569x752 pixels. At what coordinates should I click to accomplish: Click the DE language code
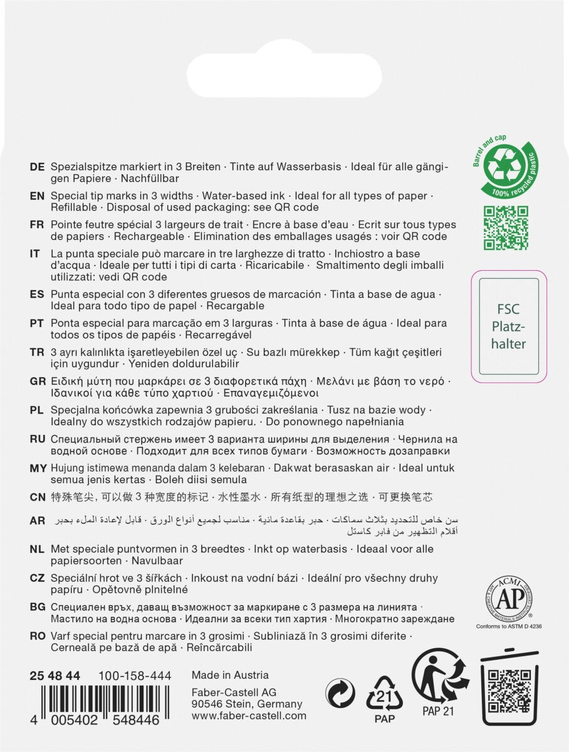tap(37, 167)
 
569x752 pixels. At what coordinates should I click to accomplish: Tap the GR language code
tap(38, 382)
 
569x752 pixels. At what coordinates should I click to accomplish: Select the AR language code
tap(38, 521)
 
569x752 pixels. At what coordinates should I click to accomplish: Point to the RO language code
tap(38, 636)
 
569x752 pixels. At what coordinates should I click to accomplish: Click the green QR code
tap(506, 227)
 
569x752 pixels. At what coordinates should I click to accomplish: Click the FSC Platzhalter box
tap(509, 326)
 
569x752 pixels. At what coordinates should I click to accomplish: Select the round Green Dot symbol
tap(341, 694)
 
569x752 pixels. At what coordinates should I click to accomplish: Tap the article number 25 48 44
tap(55, 676)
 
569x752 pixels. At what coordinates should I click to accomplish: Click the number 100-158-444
tap(135, 676)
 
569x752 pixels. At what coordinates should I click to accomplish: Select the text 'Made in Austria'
tap(230, 675)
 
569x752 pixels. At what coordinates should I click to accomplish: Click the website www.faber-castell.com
tap(249, 716)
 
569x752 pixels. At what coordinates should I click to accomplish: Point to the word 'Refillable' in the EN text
tap(73, 207)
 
